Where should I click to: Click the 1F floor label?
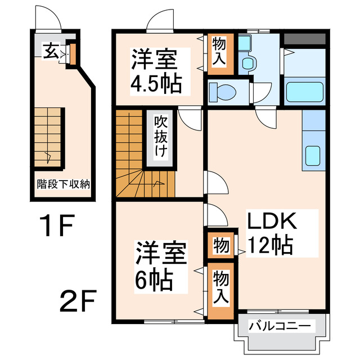[57, 228]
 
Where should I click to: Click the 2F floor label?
[79, 303]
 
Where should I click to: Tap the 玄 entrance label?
[50, 52]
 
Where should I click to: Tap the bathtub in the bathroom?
[304, 92]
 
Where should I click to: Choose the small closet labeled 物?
[220, 245]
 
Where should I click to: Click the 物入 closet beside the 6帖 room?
[220, 287]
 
